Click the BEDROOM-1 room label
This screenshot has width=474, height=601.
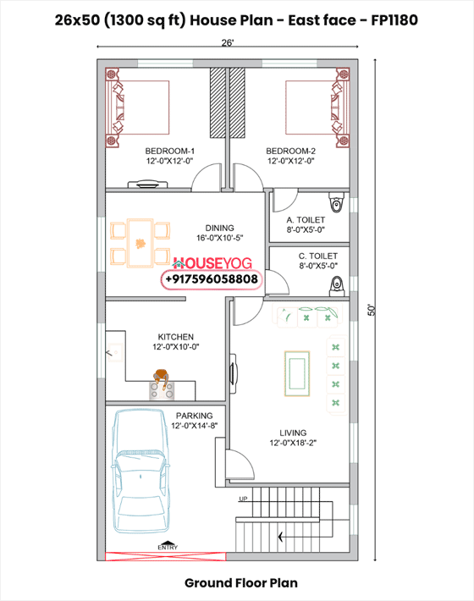(x=170, y=151)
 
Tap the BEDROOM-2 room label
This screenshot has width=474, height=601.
(x=291, y=151)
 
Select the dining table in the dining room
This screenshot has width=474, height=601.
(x=140, y=243)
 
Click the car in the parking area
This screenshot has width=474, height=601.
(x=141, y=471)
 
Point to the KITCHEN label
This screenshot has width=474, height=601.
(x=176, y=337)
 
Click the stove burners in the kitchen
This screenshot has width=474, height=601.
(x=162, y=390)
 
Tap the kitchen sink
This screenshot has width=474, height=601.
(x=115, y=352)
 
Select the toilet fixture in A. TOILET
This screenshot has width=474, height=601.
(x=336, y=202)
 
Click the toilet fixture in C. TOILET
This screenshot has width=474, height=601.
(x=337, y=286)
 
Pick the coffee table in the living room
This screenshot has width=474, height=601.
(x=297, y=373)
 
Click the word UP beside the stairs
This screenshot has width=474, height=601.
(x=243, y=499)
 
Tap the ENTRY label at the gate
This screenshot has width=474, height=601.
(x=168, y=548)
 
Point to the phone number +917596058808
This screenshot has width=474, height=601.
(x=212, y=279)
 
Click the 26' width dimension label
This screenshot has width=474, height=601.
(x=227, y=42)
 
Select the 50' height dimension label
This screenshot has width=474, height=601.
(x=372, y=310)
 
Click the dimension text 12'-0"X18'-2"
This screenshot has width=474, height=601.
(x=293, y=443)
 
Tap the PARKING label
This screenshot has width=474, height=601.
(x=195, y=416)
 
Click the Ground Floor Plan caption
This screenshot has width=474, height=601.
(x=241, y=583)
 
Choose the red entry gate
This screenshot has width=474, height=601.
(x=166, y=556)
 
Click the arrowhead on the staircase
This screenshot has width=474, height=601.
(x=281, y=537)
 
